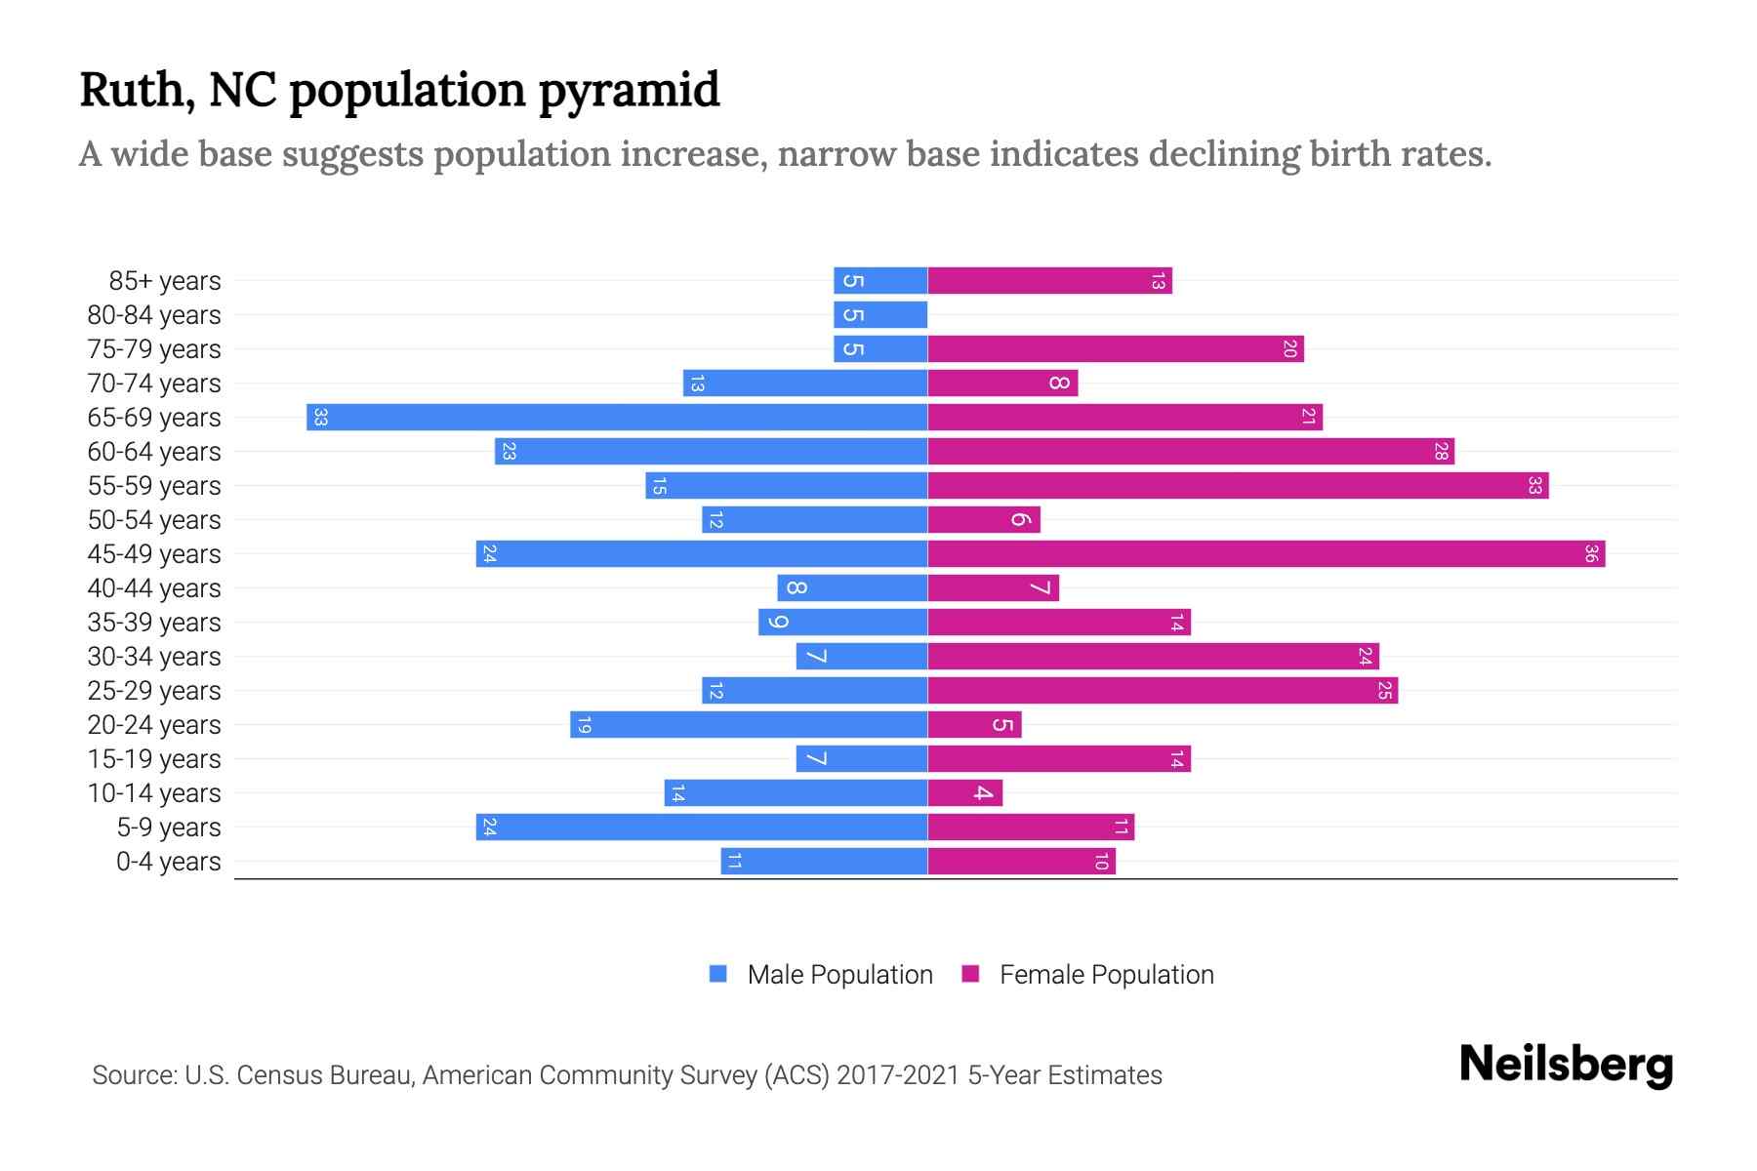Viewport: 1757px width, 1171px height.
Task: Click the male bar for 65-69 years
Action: point(617,418)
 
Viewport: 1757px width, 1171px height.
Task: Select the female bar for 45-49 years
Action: point(1266,554)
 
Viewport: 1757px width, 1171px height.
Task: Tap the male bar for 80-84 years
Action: point(880,315)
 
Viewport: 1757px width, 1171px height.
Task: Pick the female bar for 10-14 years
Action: point(964,793)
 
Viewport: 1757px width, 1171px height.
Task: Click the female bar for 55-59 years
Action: point(1238,486)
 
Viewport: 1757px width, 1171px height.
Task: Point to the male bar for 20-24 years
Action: point(749,725)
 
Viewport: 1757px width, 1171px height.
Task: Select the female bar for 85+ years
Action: point(1049,281)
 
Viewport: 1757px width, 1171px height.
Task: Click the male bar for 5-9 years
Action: point(702,828)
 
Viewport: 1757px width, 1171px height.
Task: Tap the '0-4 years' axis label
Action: point(168,862)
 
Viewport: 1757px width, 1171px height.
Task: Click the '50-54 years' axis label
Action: point(154,520)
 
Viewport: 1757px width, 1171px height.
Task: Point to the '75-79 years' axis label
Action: point(154,349)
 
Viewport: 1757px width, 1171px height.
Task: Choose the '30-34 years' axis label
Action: point(154,657)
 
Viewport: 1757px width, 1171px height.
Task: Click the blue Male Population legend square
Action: point(718,974)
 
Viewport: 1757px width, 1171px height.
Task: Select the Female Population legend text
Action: point(1106,975)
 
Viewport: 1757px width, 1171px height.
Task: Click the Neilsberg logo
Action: point(1566,1065)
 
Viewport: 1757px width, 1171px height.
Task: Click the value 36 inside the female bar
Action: point(1590,554)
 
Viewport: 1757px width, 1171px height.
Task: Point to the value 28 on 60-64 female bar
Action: point(1440,452)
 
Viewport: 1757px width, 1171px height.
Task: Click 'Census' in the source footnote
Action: point(276,1075)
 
